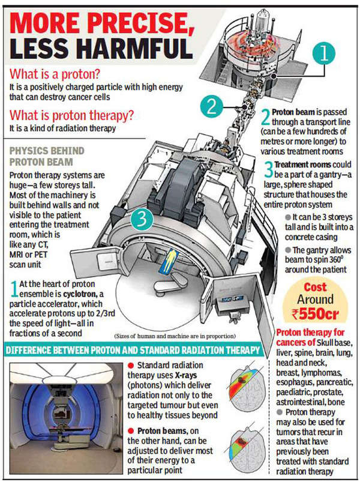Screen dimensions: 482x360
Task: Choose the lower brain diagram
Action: [x=248, y=444]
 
